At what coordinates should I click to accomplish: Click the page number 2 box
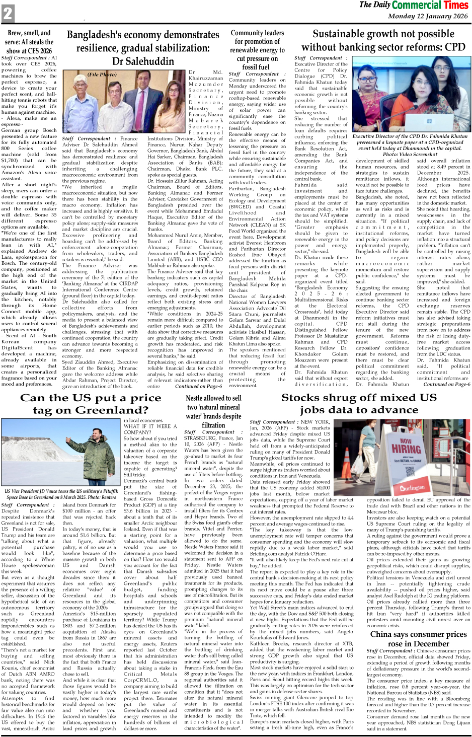[x=8, y=13]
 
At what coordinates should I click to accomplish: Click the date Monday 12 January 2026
[x=428, y=16]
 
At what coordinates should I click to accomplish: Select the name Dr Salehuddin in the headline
[x=143, y=61]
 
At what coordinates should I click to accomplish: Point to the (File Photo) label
[x=102, y=75]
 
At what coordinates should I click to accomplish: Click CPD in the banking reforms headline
[x=454, y=47]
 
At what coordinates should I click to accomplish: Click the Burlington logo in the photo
[x=413, y=487]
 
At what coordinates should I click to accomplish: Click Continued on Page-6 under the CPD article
[x=447, y=384]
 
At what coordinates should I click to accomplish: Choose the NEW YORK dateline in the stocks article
[x=315, y=422]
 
